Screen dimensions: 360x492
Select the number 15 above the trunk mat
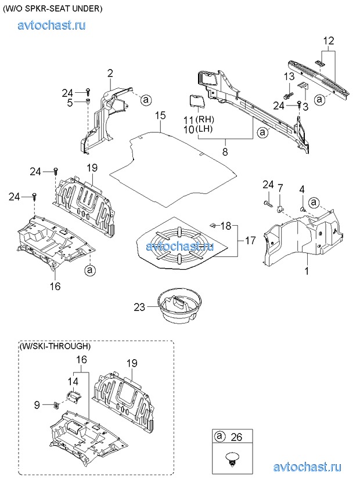pyautogui.click(x=160, y=115)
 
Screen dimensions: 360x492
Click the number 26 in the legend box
pyautogui.click(x=236, y=437)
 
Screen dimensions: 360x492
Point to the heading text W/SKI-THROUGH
pyautogui.click(x=55, y=346)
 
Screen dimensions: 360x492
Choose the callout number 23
pyautogui.click(x=140, y=306)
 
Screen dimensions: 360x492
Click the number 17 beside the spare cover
pyautogui.click(x=250, y=240)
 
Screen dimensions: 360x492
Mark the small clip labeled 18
pyautogui.click(x=213, y=224)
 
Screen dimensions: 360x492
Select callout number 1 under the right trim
pyautogui.click(x=307, y=271)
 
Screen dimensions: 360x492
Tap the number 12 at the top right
pyautogui.click(x=329, y=41)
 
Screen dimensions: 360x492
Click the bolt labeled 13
pyautogui.click(x=289, y=94)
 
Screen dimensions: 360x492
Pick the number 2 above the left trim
pyautogui.click(x=110, y=74)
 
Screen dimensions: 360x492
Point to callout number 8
pyautogui.click(x=225, y=152)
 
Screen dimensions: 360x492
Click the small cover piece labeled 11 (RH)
pyautogui.click(x=197, y=102)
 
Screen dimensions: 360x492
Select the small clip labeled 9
pyautogui.click(x=56, y=406)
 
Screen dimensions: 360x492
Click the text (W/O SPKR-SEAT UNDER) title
pyautogui.click(x=53, y=9)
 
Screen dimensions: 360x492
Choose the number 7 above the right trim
pyautogui.click(x=280, y=188)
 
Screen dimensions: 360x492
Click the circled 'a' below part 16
pyautogui.click(x=90, y=270)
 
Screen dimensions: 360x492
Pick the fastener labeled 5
pyautogui.click(x=87, y=102)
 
